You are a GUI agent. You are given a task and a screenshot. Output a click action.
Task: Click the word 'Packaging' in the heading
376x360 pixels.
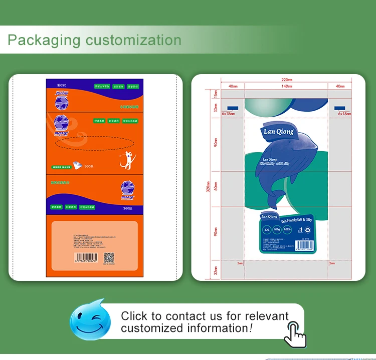click(44, 40)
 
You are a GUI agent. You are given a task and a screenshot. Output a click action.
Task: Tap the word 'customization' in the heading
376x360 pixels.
click(133, 40)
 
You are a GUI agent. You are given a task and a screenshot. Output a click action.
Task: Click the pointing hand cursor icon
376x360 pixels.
click(294, 333)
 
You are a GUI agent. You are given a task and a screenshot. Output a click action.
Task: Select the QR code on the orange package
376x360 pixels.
click(109, 258)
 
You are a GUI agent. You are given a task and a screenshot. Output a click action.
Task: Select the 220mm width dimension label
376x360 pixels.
click(286, 80)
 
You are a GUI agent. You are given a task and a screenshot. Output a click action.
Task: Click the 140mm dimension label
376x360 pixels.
click(286, 87)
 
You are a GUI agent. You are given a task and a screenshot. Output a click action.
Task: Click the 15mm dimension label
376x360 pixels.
click(216, 94)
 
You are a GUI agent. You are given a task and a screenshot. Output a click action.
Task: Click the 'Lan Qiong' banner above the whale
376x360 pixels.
click(279, 132)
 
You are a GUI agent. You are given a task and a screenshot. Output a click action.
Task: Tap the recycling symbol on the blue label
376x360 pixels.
click(307, 231)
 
